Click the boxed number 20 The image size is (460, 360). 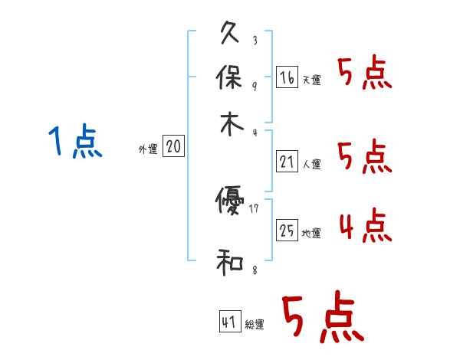pyautogui.click(x=173, y=147)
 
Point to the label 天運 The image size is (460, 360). pyautogui.click(x=311, y=80)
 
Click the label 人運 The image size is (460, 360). pyautogui.click(x=311, y=164)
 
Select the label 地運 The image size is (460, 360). pyautogui.click(x=311, y=233)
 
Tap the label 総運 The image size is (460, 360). pyautogui.click(x=255, y=325)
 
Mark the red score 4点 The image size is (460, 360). pyautogui.click(x=365, y=227)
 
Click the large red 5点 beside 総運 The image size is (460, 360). pyautogui.click(x=321, y=319)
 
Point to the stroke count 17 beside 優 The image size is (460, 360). pyautogui.click(x=255, y=207)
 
